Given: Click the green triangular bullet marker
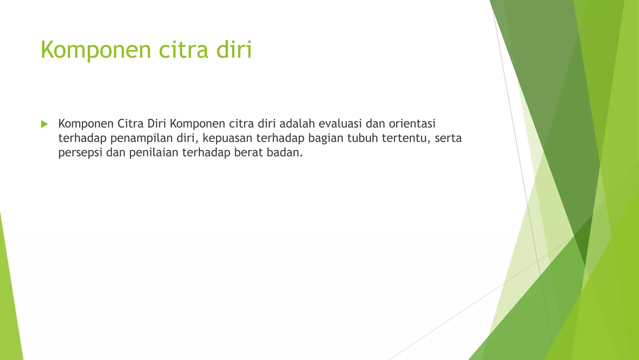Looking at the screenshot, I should click(44, 124).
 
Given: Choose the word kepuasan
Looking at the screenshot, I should click(227, 138).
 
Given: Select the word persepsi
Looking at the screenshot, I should click(80, 152).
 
